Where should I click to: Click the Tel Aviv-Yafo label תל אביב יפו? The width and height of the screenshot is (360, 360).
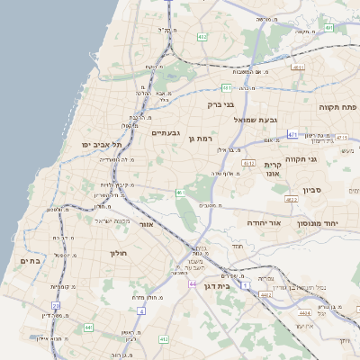pos(101,143)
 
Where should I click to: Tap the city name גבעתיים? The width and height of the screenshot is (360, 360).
pos(166,132)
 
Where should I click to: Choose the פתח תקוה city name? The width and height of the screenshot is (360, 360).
pos(337,106)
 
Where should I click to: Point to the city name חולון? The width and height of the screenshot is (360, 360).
pos(120,253)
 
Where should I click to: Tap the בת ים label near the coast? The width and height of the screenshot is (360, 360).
pos(30,260)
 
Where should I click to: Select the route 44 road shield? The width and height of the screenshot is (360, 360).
pos(193,283)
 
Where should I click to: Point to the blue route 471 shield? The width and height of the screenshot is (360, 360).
pos(293,134)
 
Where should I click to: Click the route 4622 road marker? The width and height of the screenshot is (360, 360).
pos(291,199)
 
